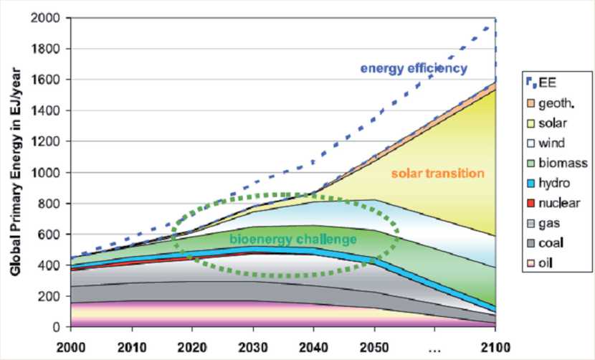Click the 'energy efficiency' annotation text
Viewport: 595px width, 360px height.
click(414, 69)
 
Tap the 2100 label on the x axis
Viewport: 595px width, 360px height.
click(495, 347)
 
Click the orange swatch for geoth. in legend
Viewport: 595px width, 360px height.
click(531, 104)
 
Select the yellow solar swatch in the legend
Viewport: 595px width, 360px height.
click(531, 124)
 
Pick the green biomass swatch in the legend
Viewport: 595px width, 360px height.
click(531, 164)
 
